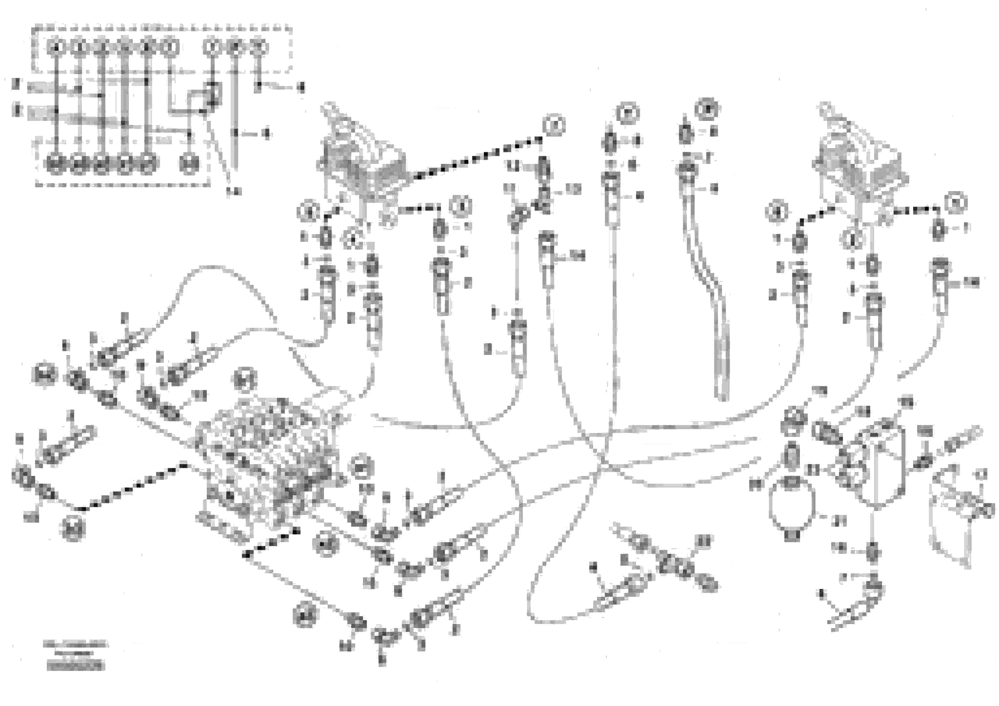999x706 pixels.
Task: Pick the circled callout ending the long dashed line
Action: pyautogui.click(x=554, y=125)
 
